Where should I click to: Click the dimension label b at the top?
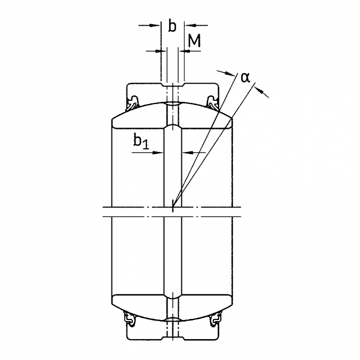point(172,26)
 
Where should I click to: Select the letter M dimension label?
point(194,41)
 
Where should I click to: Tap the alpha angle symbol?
point(245,78)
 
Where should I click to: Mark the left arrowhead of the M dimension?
point(161,51)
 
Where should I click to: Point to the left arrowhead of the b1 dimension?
point(158,153)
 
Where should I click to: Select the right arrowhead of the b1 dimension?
point(188,152)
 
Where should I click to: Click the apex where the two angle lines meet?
point(173,206)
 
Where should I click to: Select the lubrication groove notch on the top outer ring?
point(173,85)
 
